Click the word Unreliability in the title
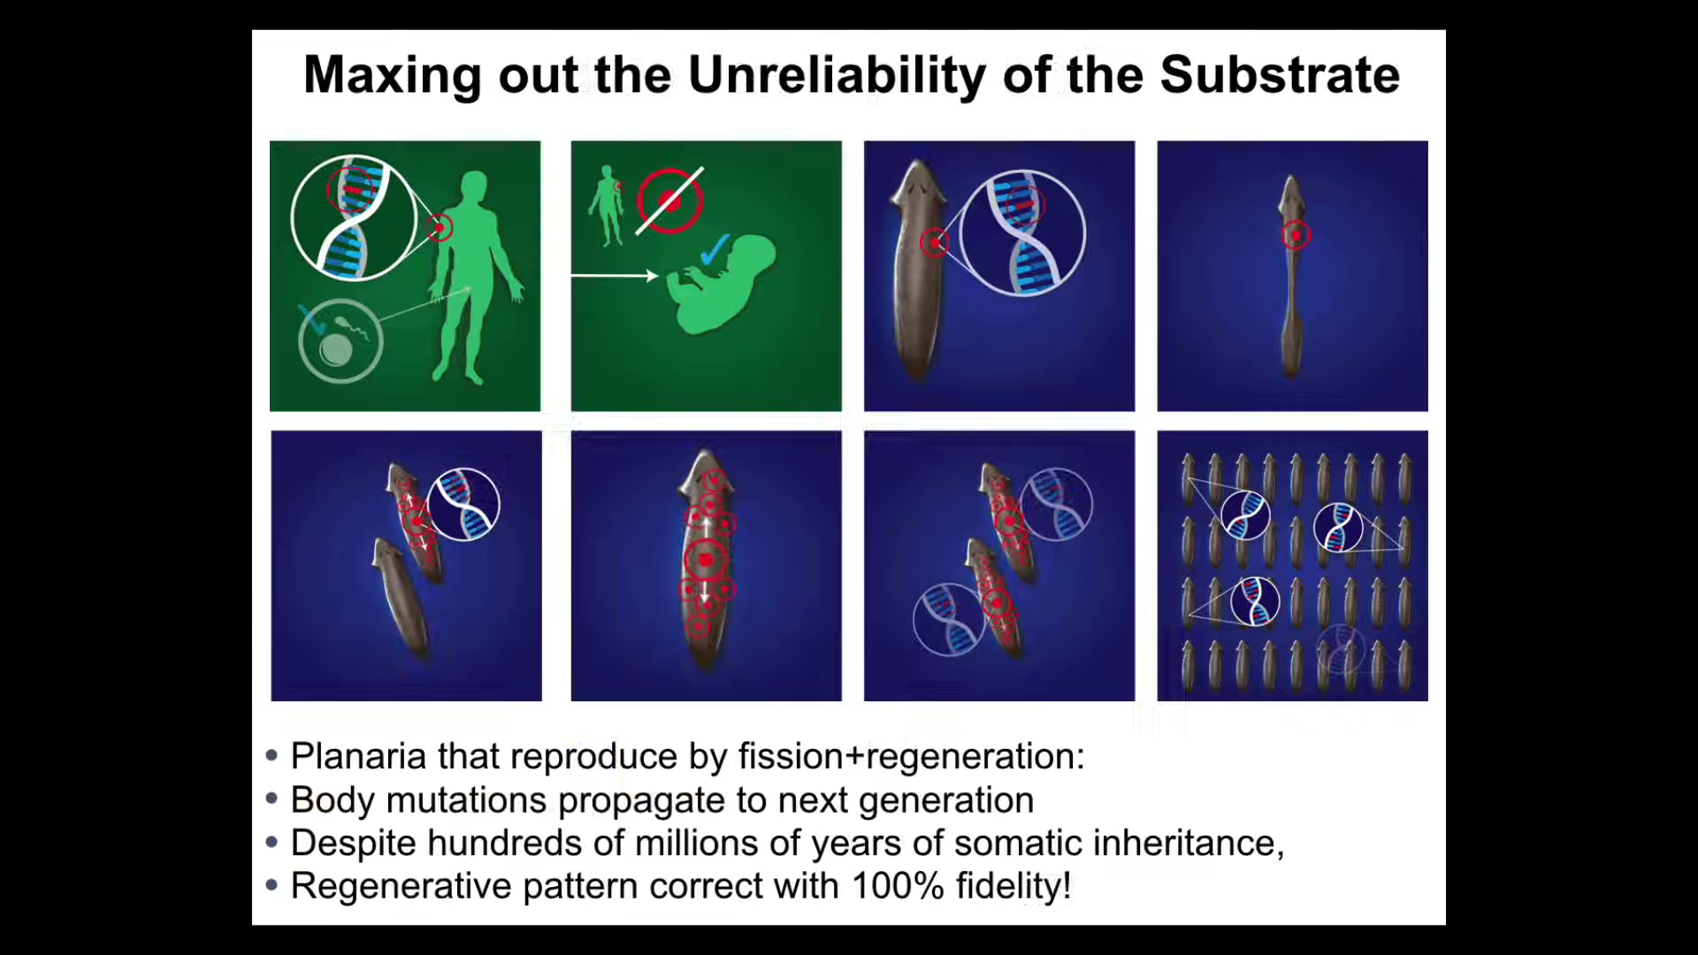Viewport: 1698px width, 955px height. coord(836,76)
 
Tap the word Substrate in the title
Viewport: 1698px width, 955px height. coord(1280,75)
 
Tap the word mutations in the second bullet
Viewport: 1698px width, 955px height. coord(466,800)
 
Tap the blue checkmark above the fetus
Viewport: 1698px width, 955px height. coord(715,250)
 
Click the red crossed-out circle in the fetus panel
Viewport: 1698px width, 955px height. coord(670,202)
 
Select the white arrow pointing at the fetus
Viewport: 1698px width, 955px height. coord(615,277)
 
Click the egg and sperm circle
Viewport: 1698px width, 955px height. coord(340,341)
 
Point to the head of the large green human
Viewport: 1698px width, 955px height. coord(475,187)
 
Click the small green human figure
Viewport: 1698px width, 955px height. coord(607,205)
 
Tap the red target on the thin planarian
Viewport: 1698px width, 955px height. coord(1296,236)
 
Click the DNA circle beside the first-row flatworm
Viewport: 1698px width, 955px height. coord(1022,233)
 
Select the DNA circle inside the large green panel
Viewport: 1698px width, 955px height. coord(354,218)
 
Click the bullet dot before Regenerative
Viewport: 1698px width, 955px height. coord(272,885)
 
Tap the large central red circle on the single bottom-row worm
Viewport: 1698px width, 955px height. coord(706,561)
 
